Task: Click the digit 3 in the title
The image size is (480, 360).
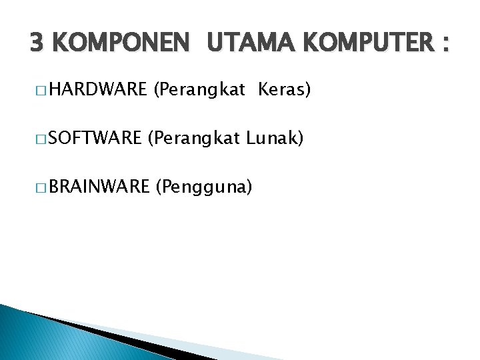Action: point(37,44)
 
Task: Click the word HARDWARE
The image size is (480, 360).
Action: point(97,89)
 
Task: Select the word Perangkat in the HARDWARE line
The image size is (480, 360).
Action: point(201,90)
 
